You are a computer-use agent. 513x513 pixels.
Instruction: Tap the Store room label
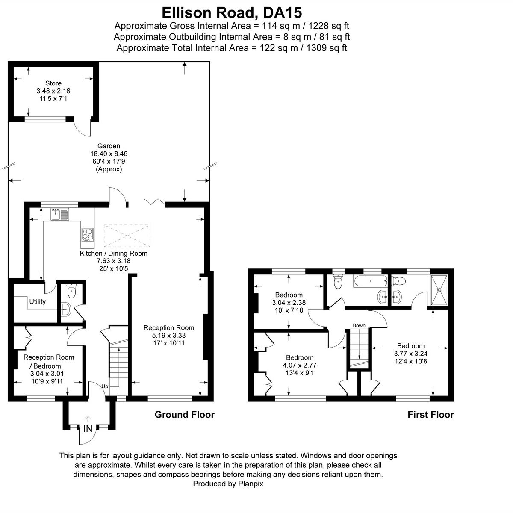[x=53, y=83]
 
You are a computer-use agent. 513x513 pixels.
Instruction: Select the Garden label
[x=109, y=146]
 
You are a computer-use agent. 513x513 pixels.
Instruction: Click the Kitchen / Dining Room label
[x=114, y=253]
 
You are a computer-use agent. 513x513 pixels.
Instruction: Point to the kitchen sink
[x=60, y=214]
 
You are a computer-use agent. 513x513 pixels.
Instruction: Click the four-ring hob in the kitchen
[x=88, y=235]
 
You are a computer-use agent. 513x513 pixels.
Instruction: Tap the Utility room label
[x=37, y=301]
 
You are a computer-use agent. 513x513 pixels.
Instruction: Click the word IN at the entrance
[x=88, y=428]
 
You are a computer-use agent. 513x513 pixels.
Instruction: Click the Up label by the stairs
[x=105, y=386]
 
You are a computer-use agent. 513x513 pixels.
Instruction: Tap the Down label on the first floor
[x=359, y=325]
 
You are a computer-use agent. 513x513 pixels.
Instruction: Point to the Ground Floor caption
[x=184, y=414]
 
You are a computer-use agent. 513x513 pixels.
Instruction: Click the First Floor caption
[x=430, y=414]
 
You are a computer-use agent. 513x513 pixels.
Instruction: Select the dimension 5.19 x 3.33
[x=169, y=336]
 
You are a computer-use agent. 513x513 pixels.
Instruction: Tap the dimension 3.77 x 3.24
[x=410, y=354]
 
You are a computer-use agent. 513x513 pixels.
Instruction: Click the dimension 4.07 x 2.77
[x=300, y=365]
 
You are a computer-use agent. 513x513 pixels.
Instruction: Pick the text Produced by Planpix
[x=228, y=484]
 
